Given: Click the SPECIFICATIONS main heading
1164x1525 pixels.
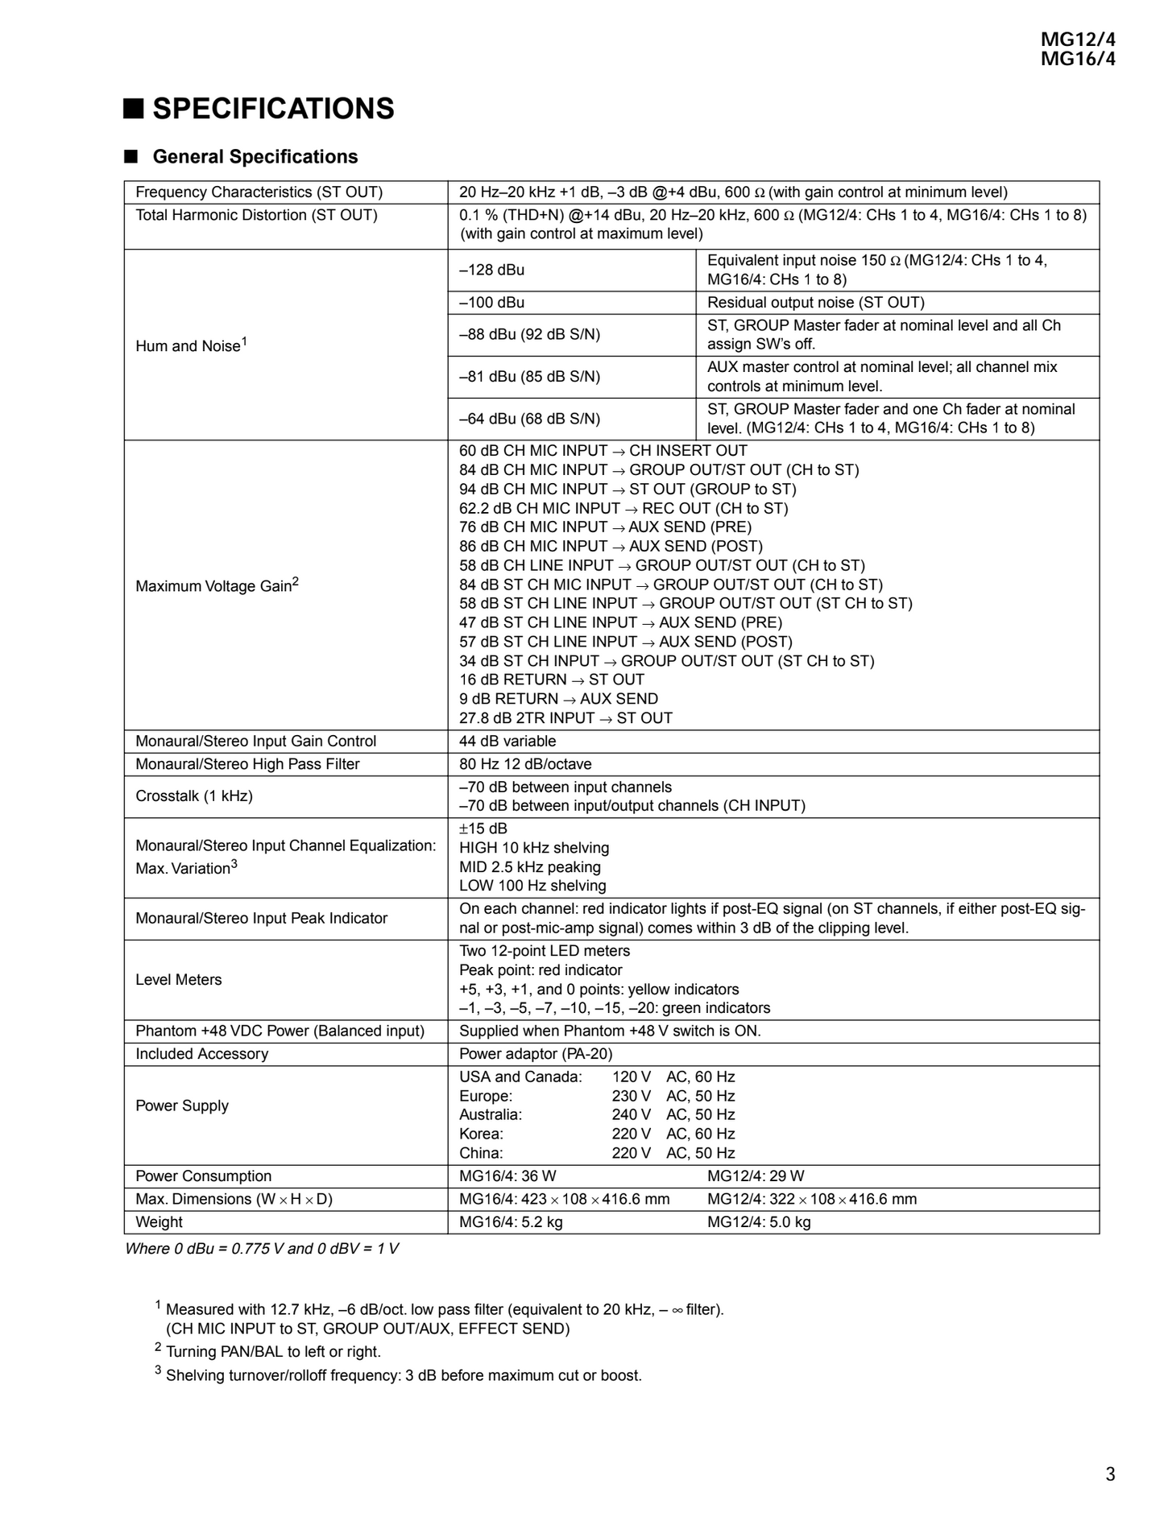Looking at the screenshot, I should pos(273,109).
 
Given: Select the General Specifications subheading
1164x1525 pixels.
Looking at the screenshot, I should pos(255,157).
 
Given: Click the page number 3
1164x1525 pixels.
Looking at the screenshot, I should pos(1109,1474).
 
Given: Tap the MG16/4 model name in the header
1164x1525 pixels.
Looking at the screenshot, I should pos(1077,59).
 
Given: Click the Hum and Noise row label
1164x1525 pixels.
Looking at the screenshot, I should pos(191,345).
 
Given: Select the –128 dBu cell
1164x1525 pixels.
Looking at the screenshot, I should pos(491,270).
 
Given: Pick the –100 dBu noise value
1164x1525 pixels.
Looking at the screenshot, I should pos(491,303).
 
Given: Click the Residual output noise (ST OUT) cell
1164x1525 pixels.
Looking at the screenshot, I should pos(815,303).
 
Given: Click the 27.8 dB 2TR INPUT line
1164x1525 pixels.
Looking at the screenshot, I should pos(565,718).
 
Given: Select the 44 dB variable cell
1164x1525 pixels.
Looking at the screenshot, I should pos(507,742).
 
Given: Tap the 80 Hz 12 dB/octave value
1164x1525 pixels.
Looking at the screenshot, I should pos(525,764).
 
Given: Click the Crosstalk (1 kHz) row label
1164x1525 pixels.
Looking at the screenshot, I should pos(194,796).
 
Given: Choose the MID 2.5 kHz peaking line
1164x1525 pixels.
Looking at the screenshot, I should pos(530,867).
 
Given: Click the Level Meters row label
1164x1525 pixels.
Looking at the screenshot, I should pos(179,980).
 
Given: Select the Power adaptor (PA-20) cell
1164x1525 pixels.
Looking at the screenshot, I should pos(536,1054).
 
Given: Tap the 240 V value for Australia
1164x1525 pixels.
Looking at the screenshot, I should pos(631,1115).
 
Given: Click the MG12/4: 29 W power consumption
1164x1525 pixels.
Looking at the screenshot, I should pos(756,1176).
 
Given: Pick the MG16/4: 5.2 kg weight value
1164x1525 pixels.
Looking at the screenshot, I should pos(511,1222).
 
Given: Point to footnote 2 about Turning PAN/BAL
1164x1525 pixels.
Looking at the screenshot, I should pos(273,1352).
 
